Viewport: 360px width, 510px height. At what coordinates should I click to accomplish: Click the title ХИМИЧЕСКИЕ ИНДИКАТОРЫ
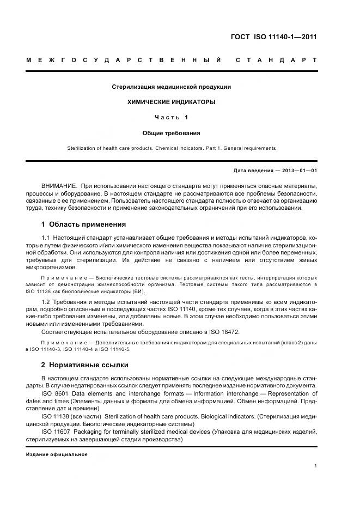172,102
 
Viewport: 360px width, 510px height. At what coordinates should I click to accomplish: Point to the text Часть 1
172,117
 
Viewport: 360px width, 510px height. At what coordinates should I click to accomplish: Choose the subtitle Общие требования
172,132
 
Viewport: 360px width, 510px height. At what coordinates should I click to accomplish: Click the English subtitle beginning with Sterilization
172,148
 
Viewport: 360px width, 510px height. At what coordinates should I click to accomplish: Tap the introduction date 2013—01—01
298,171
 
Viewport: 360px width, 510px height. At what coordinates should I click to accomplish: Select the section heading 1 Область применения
84,224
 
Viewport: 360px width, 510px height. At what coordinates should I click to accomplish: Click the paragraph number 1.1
46,238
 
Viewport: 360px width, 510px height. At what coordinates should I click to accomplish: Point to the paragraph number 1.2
46,301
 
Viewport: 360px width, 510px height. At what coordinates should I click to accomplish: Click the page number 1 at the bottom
315,466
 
